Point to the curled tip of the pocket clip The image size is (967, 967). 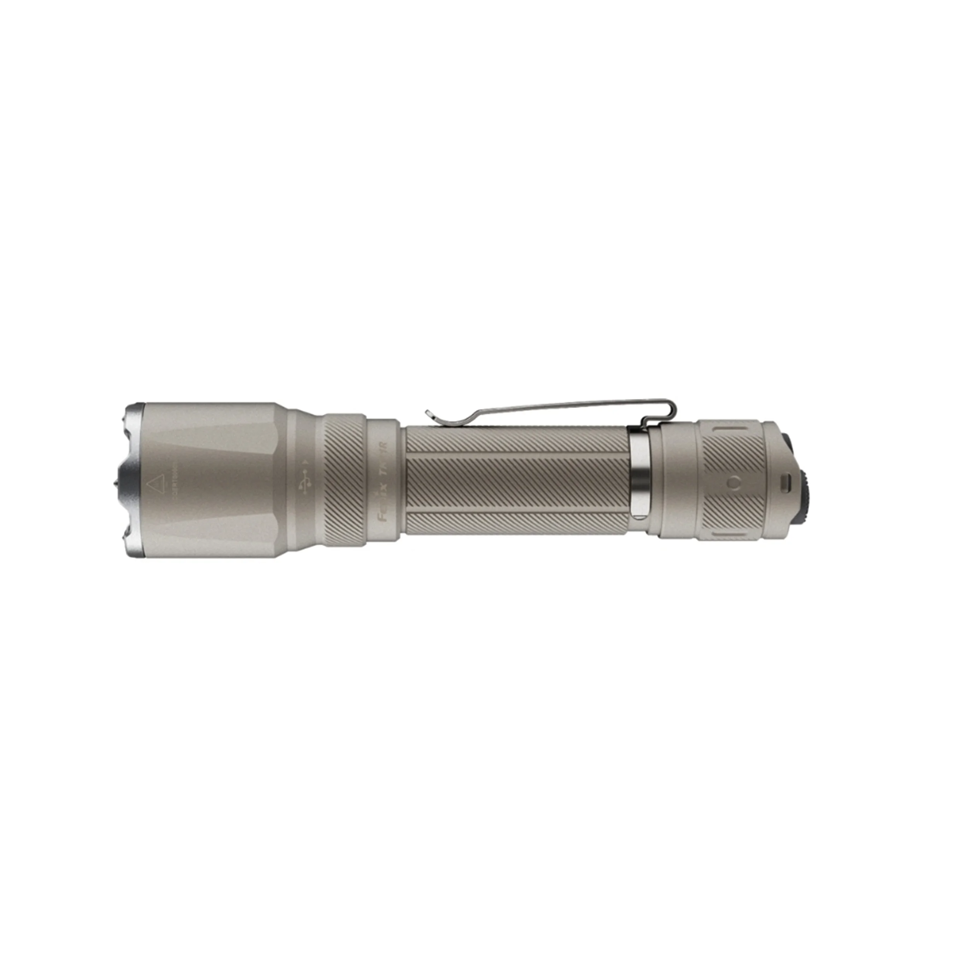click(429, 413)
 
